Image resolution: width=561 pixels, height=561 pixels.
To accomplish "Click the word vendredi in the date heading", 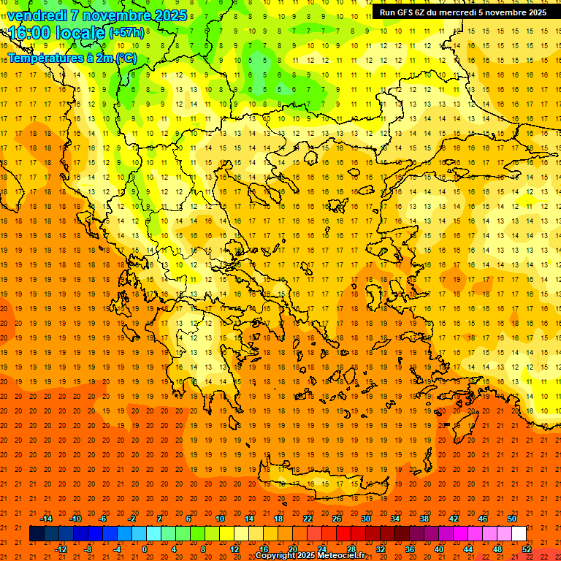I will click(x=37, y=15).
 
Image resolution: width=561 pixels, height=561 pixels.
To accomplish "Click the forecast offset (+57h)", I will click(x=126, y=33).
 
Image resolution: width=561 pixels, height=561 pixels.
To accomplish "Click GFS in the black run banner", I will click(x=410, y=12).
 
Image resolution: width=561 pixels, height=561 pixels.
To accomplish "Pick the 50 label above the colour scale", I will click(x=512, y=519).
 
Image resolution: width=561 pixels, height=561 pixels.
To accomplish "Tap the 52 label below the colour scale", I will click(x=527, y=549).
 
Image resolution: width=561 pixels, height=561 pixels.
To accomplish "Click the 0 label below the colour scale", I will click(x=145, y=549).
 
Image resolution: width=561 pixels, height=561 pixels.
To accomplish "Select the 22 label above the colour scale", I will click(x=308, y=519).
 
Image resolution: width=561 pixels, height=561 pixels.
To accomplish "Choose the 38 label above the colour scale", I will click(x=424, y=519).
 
